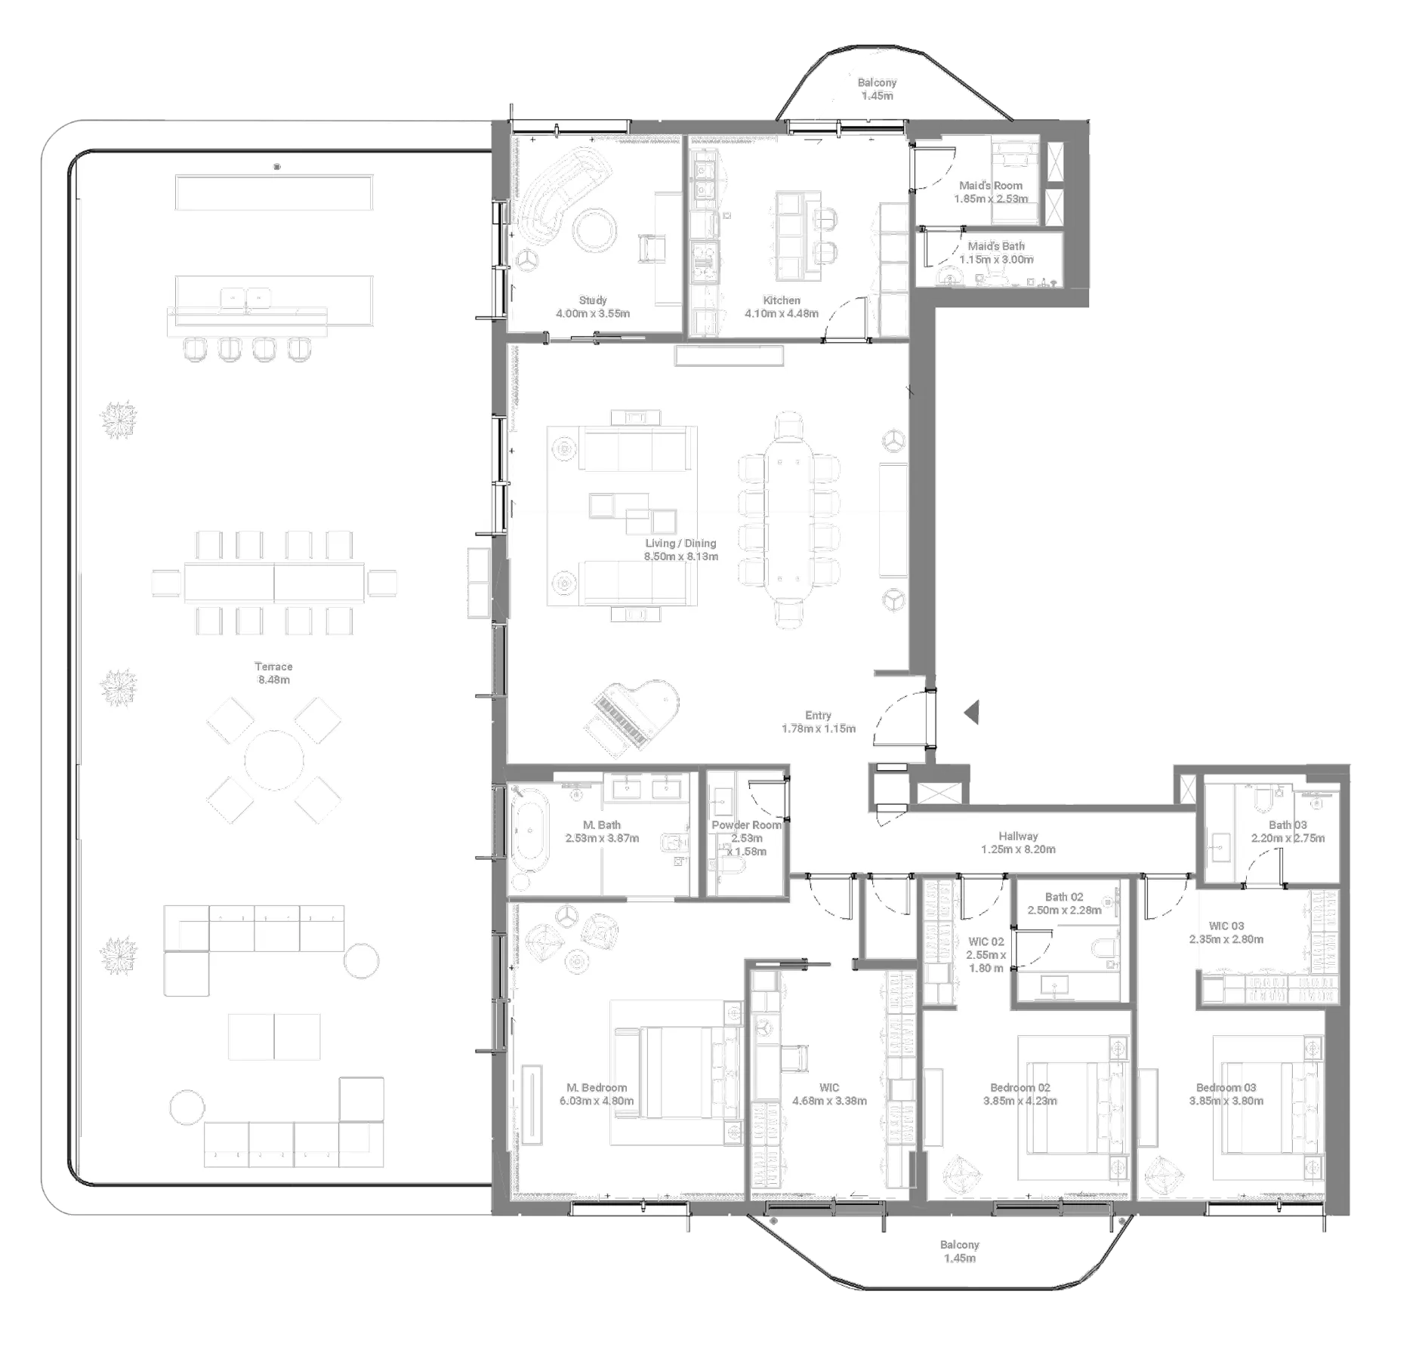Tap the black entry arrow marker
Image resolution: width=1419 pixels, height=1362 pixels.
click(x=971, y=712)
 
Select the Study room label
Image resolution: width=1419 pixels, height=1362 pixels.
click(x=593, y=300)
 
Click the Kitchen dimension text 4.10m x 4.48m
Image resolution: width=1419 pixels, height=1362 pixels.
click(x=781, y=313)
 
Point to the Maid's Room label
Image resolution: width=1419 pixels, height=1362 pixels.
click(x=990, y=186)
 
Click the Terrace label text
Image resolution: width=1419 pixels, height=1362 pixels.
click(x=273, y=667)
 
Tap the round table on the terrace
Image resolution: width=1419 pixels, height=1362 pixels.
click(x=273, y=760)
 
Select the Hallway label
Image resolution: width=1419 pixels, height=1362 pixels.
click(x=1018, y=836)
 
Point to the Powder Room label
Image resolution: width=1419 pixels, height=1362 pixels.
click(x=746, y=825)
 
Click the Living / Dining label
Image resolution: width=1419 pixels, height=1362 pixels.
click(x=680, y=544)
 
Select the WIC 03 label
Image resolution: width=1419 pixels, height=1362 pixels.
click(x=1226, y=926)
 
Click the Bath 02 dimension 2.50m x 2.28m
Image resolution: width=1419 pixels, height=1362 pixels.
click(x=1064, y=911)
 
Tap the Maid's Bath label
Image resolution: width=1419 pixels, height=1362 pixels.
click(x=996, y=246)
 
